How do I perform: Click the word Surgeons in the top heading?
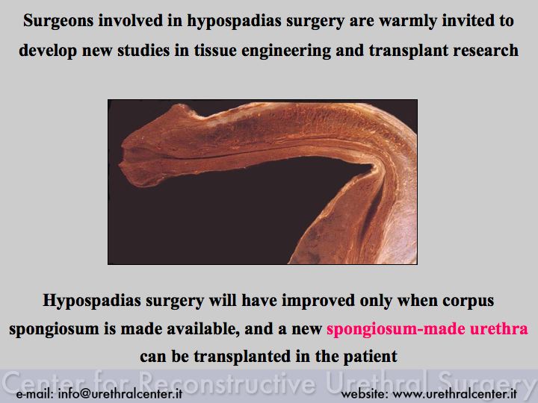[x=58, y=21]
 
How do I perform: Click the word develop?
[x=48, y=51]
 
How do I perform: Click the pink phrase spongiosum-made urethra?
[x=427, y=329]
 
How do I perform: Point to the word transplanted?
[x=242, y=357]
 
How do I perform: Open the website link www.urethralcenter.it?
[x=454, y=393]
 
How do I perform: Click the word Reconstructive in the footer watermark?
[x=227, y=382]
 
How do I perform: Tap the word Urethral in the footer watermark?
[x=377, y=381]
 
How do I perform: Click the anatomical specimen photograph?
[x=262, y=182]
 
